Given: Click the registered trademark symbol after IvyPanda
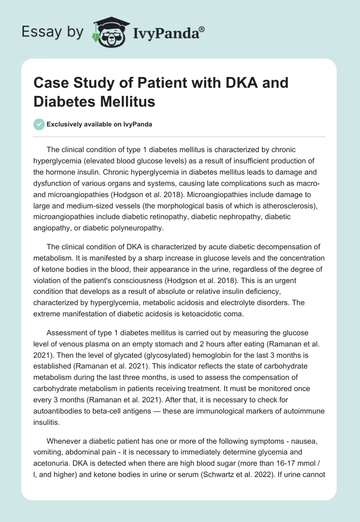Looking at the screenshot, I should point(202,29).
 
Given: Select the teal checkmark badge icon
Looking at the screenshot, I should point(39,124).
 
